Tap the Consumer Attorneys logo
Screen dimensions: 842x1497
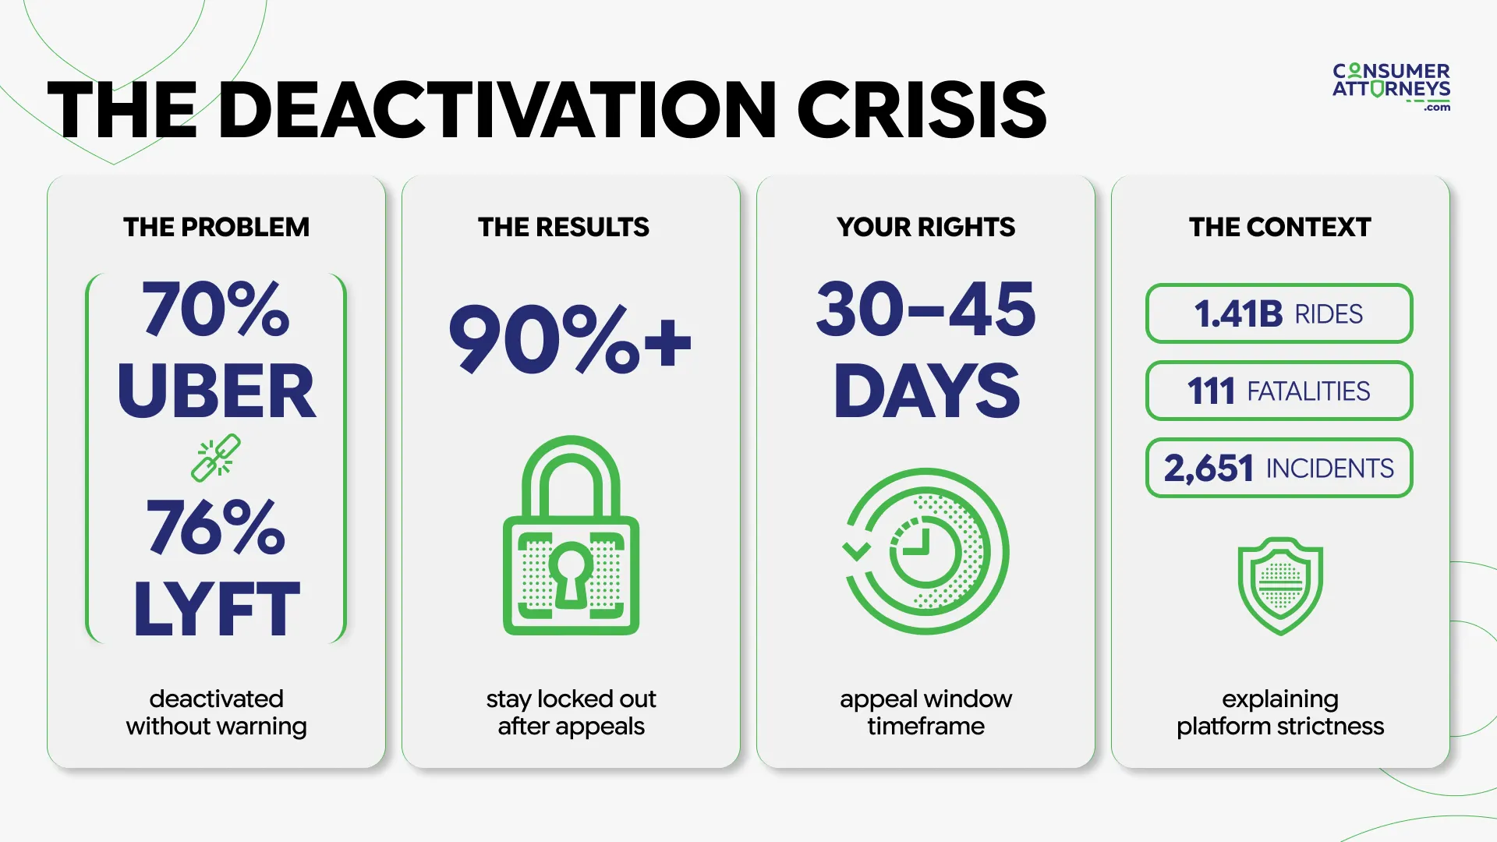pos(1391,87)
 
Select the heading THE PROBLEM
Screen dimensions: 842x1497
pos(216,227)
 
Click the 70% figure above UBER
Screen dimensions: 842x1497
pos(216,309)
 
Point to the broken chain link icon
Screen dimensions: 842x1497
pos(216,458)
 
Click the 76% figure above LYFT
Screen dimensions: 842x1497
pos(216,528)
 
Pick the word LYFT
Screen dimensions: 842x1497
pos(216,609)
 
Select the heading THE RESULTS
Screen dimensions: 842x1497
pos(563,227)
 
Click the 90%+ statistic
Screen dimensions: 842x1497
pos(570,339)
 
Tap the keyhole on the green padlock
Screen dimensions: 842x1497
pos(571,573)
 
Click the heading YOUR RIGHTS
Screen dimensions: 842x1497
pos(925,227)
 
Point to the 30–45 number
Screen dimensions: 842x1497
pos(925,310)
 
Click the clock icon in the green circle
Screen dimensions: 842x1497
pos(925,551)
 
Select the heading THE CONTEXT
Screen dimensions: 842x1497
pos(1279,227)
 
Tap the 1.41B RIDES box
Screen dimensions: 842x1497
pos(1279,313)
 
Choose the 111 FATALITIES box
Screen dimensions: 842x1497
pos(1279,391)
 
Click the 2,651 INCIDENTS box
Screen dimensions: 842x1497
pos(1279,468)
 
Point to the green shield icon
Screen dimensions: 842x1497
pos(1280,586)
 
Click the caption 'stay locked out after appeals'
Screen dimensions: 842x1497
pos(571,712)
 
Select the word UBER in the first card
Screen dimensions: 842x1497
pos(216,391)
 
